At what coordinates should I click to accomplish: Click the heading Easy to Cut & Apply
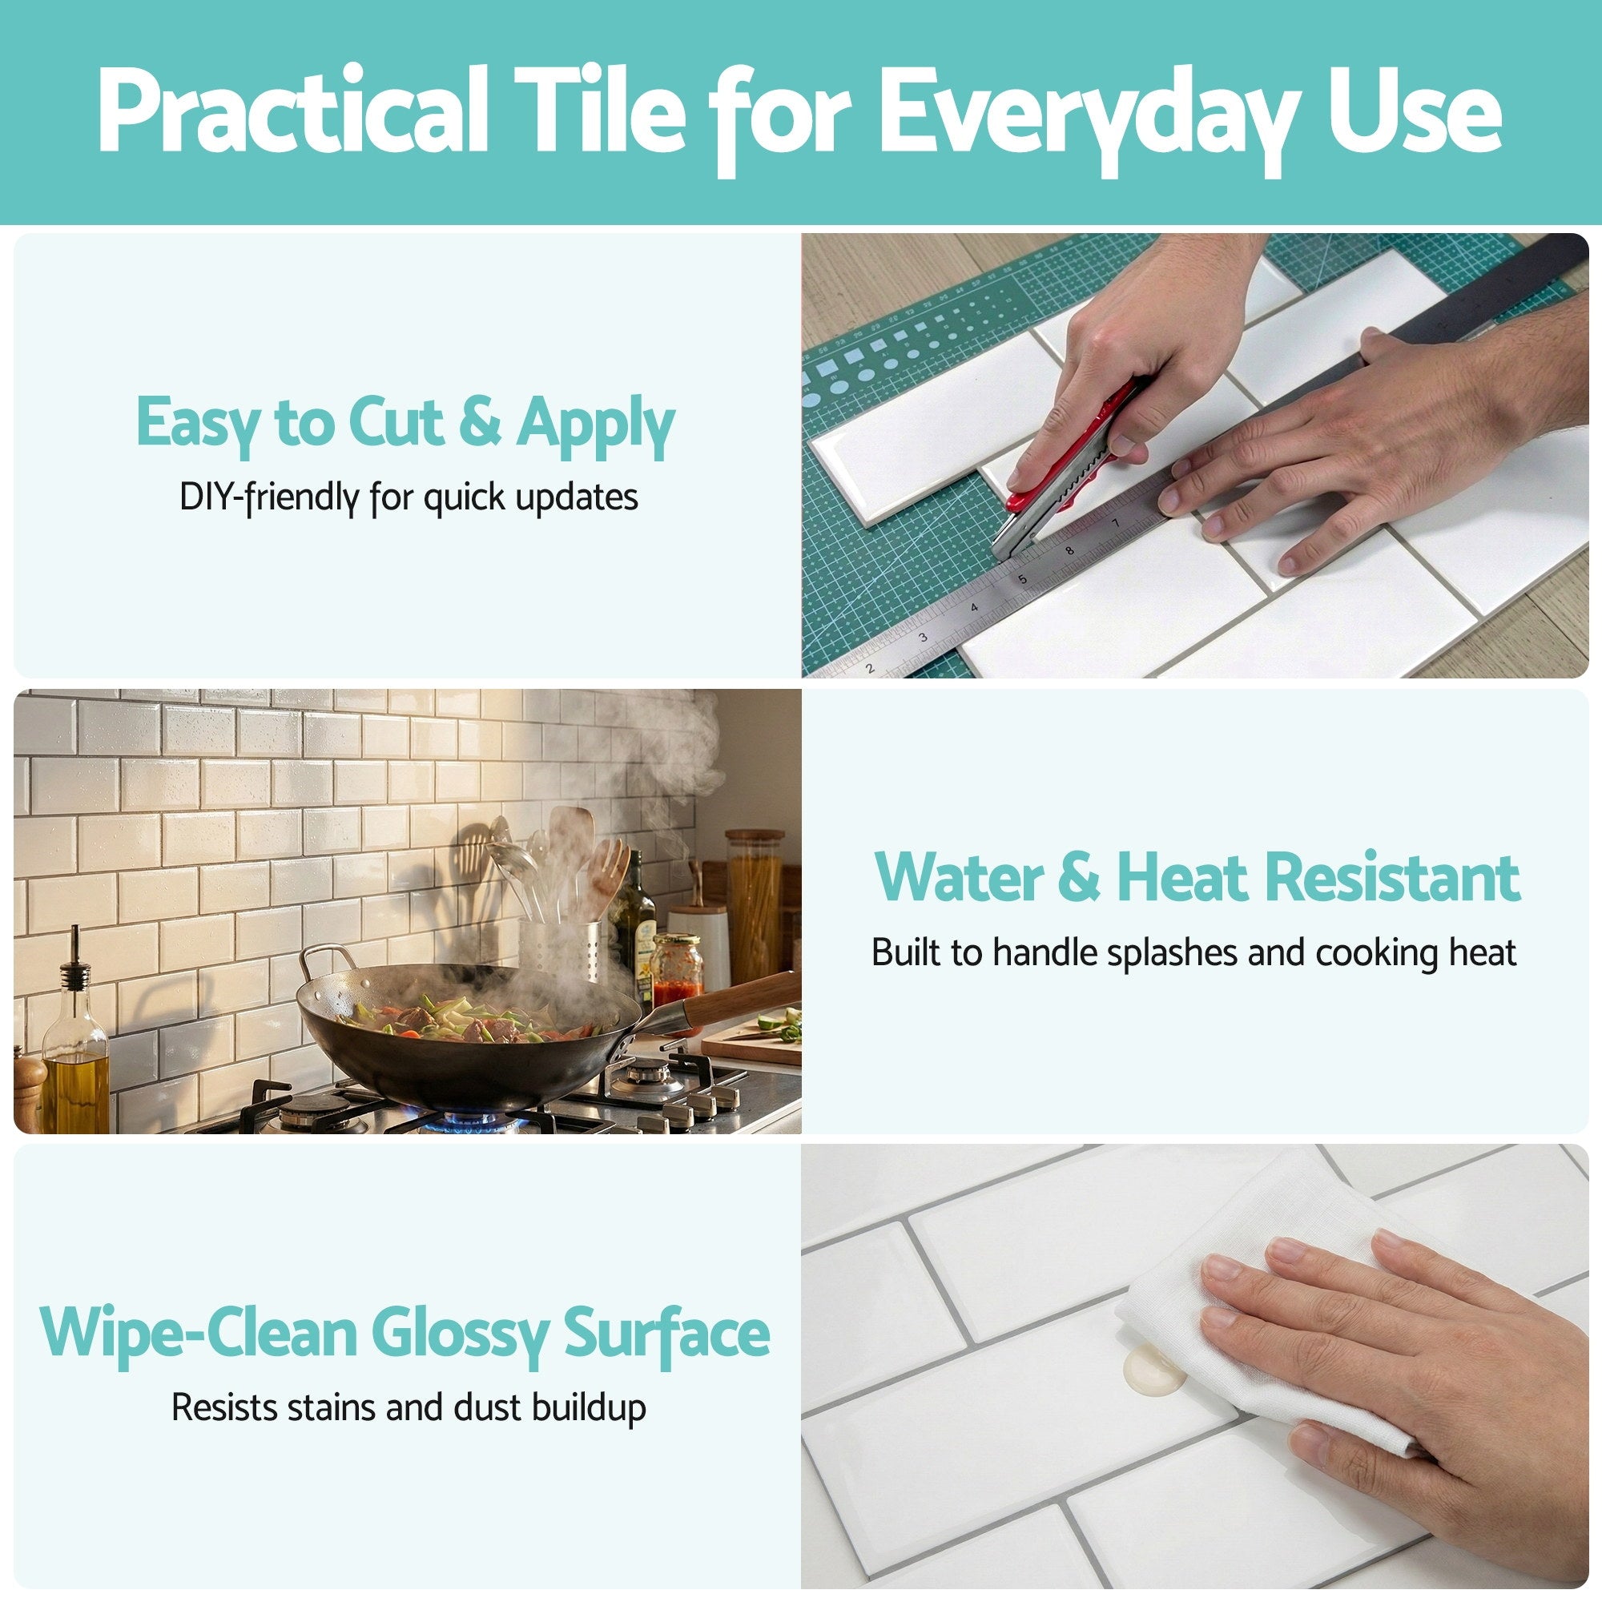[x=405, y=424]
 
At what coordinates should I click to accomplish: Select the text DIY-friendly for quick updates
[x=409, y=497]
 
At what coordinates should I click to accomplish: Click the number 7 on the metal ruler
[x=1116, y=523]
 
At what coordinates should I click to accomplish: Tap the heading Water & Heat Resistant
[x=1197, y=877]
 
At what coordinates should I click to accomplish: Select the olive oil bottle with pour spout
[x=74, y=1053]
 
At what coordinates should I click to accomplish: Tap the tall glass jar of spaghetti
[x=754, y=904]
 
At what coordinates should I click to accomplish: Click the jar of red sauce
[x=676, y=970]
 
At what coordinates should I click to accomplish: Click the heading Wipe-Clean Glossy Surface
[x=405, y=1333]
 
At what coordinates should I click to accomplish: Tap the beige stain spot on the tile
[x=1153, y=1368]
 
